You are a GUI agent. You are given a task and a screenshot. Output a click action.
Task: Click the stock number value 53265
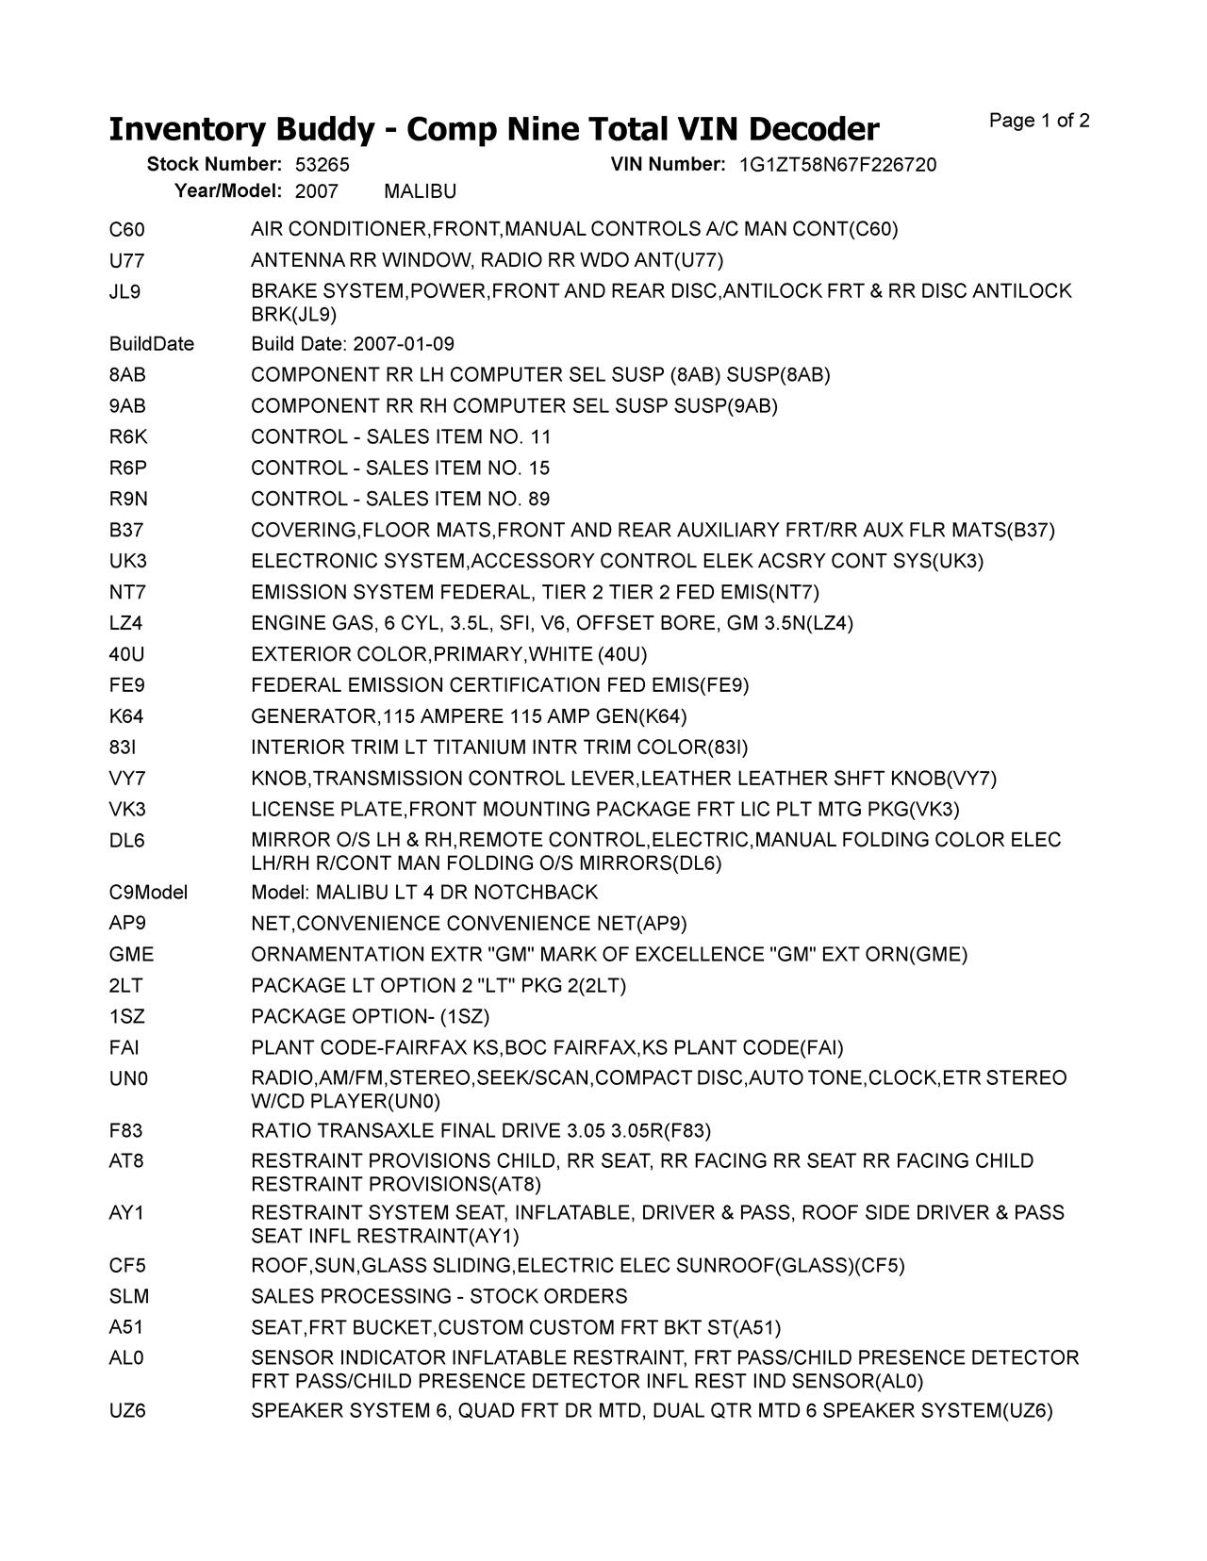[322, 165]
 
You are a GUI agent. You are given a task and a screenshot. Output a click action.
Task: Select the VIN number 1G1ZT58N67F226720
[837, 165]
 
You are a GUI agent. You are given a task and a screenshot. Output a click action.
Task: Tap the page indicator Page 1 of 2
[1039, 121]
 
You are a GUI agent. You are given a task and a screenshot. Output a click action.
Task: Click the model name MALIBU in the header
[421, 192]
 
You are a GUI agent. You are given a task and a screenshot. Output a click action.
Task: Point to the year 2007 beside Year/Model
[316, 192]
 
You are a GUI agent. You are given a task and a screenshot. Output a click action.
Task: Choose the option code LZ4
[126, 623]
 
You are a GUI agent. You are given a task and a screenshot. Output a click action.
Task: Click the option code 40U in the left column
[127, 654]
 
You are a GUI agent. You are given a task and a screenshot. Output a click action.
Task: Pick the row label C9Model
[149, 893]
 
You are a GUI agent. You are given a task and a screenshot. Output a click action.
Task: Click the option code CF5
[127, 1266]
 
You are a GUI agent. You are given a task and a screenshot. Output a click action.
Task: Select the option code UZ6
[127, 1411]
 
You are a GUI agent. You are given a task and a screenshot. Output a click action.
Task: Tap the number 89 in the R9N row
[539, 499]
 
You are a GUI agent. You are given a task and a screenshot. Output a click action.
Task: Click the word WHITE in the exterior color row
[562, 654]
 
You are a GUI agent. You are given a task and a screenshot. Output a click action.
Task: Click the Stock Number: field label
[214, 165]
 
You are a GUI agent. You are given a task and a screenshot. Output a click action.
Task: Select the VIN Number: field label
[668, 165]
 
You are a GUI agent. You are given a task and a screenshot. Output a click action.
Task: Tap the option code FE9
[126, 685]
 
